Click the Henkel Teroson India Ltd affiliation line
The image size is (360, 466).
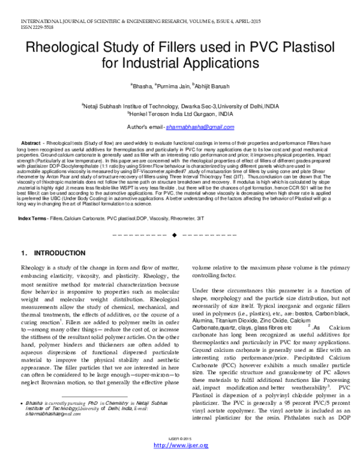180,112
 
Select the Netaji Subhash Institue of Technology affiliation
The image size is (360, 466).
180,104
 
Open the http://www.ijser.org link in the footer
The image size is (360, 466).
181,461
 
